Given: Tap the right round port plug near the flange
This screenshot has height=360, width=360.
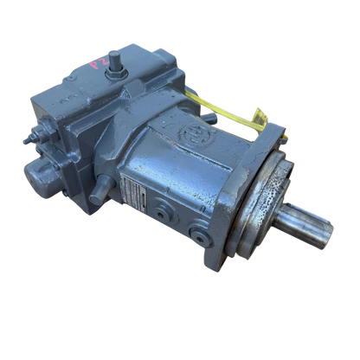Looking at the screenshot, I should coord(201,233).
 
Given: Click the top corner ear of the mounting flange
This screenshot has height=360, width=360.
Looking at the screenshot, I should coord(278,129).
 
